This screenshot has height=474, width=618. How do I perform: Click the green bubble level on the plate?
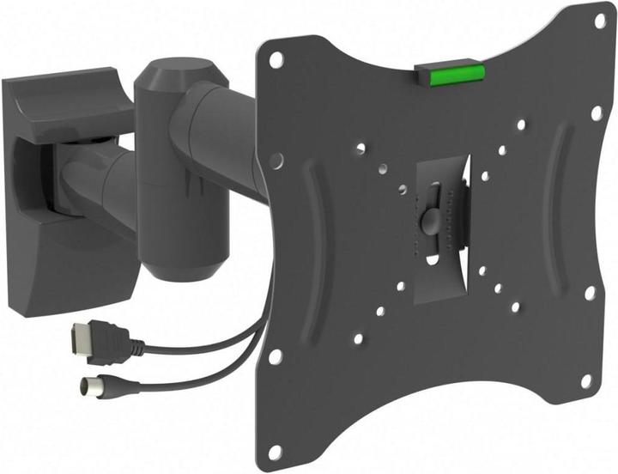pyautogui.click(x=453, y=73)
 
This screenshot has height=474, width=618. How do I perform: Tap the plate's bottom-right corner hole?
pyautogui.click(x=586, y=379)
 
